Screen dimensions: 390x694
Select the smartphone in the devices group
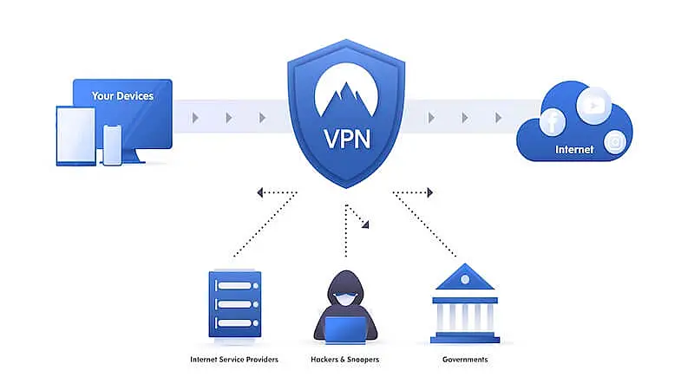tap(112, 144)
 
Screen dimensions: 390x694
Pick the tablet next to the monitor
tap(76, 136)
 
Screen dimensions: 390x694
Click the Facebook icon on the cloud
tap(552, 122)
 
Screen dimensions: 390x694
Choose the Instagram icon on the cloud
tap(615, 141)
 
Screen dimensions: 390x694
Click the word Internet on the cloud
tap(574, 149)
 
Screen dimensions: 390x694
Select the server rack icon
tap(234, 303)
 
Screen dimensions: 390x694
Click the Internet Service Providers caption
tap(234, 359)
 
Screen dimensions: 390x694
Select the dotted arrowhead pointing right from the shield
tap(429, 192)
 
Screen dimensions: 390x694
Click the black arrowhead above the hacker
tap(366, 224)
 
